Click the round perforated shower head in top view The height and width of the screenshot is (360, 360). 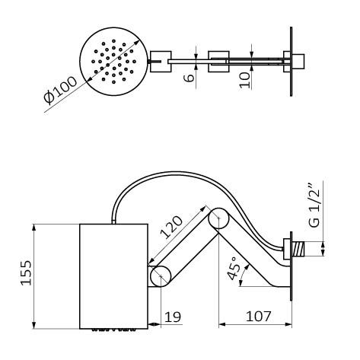point(111,58)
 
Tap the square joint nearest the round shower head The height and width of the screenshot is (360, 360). point(161,59)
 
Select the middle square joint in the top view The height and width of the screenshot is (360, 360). point(219,59)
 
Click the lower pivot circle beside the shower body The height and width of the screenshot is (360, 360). point(160,276)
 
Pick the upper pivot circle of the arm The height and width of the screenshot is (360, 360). point(218,220)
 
